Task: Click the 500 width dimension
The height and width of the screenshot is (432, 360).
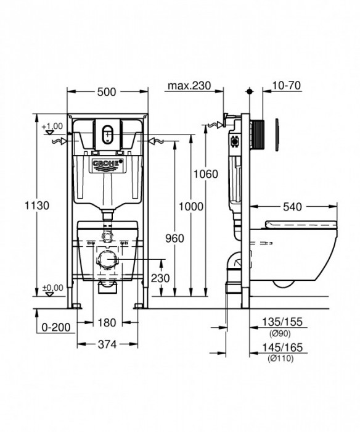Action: click(x=107, y=91)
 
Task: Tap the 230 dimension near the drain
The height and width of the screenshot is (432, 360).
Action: click(x=160, y=278)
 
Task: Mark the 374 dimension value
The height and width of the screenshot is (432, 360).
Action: click(x=107, y=344)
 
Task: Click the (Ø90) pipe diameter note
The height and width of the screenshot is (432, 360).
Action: click(x=280, y=333)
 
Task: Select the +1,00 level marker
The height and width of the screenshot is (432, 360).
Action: click(x=54, y=127)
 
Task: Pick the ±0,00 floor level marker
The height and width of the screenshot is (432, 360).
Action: click(x=54, y=288)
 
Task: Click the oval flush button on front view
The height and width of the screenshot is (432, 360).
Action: click(x=108, y=133)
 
